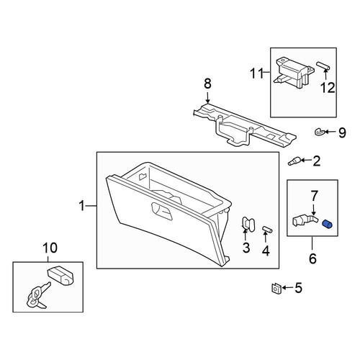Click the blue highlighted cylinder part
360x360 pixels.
[x=327, y=224]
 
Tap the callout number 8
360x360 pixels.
[x=207, y=84]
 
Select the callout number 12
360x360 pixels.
[x=328, y=88]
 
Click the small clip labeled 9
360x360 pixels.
[x=320, y=132]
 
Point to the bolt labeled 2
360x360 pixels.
[x=294, y=161]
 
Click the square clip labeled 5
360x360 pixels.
[x=276, y=288]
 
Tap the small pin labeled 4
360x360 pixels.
[x=267, y=230]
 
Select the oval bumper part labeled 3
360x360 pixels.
[x=248, y=225]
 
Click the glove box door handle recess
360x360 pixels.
[x=162, y=211]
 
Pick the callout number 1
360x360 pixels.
[x=82, y=206]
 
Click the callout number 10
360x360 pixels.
[x=50, y=248]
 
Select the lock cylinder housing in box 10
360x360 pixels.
[x=60, y=276]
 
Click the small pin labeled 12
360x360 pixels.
[x=323, y=66]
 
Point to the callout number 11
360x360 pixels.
[x=257, y=73]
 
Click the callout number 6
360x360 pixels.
[x=312, y=258]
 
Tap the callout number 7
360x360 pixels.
[x=315, y=196]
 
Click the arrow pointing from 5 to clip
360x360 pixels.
[x=287, y=288]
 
